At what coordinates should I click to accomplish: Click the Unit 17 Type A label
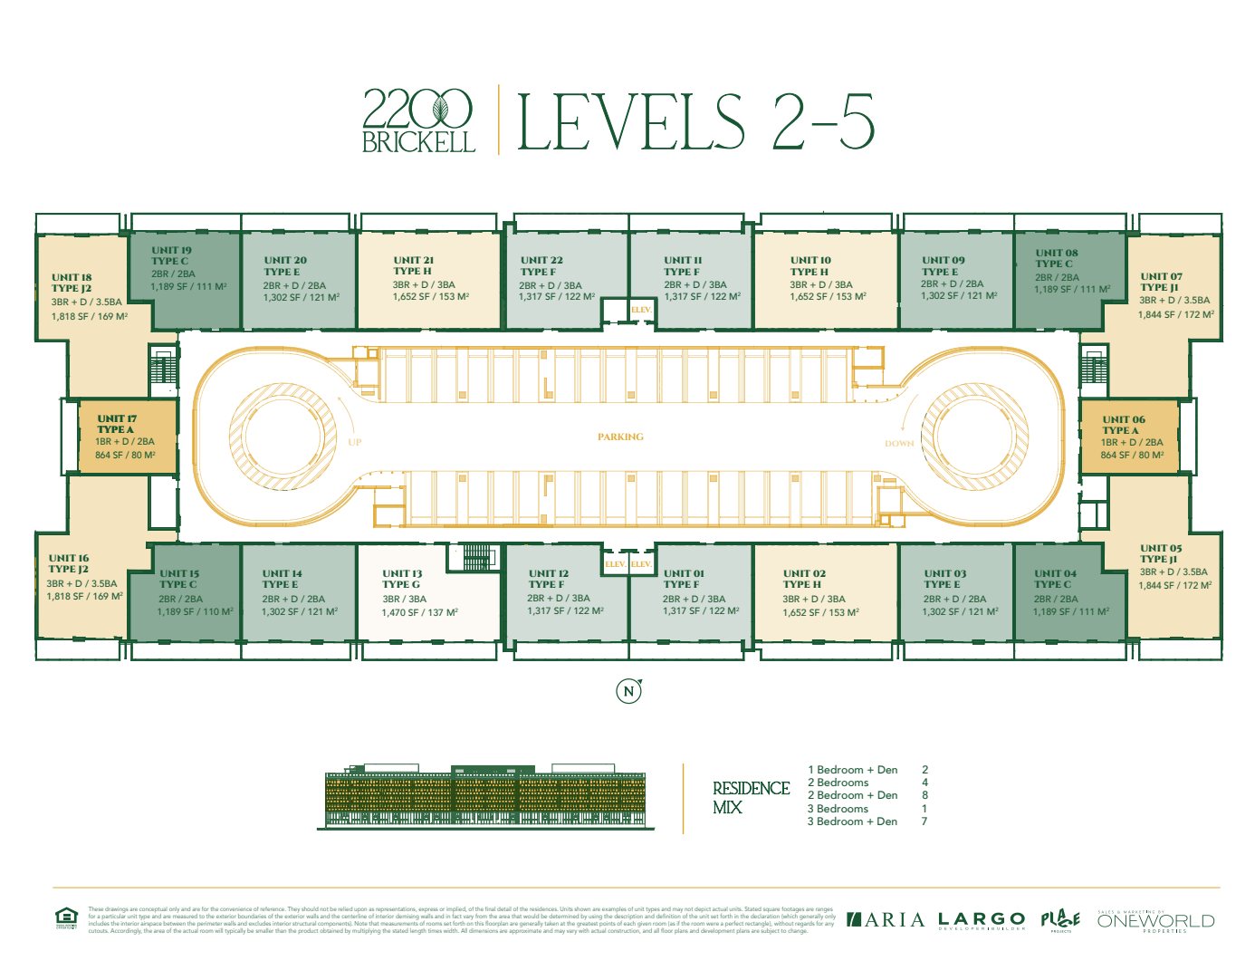117,424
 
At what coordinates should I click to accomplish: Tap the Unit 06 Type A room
1129,437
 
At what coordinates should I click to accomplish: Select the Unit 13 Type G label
402,579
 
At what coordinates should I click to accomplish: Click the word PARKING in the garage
620,437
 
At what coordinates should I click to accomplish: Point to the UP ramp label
354,443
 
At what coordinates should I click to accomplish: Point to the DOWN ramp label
899,444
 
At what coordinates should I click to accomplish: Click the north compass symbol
628,691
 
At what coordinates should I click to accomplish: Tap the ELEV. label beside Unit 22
641,310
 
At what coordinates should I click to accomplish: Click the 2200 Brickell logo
417,120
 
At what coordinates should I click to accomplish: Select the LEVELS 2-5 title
695,121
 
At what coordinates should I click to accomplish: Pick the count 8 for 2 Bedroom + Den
924,795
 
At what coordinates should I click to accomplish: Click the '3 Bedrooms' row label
838,809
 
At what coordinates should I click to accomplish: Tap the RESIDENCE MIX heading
751,797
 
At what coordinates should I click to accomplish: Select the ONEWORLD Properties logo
1155,921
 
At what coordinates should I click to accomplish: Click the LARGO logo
982,920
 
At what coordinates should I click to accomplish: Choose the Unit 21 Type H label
413,265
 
